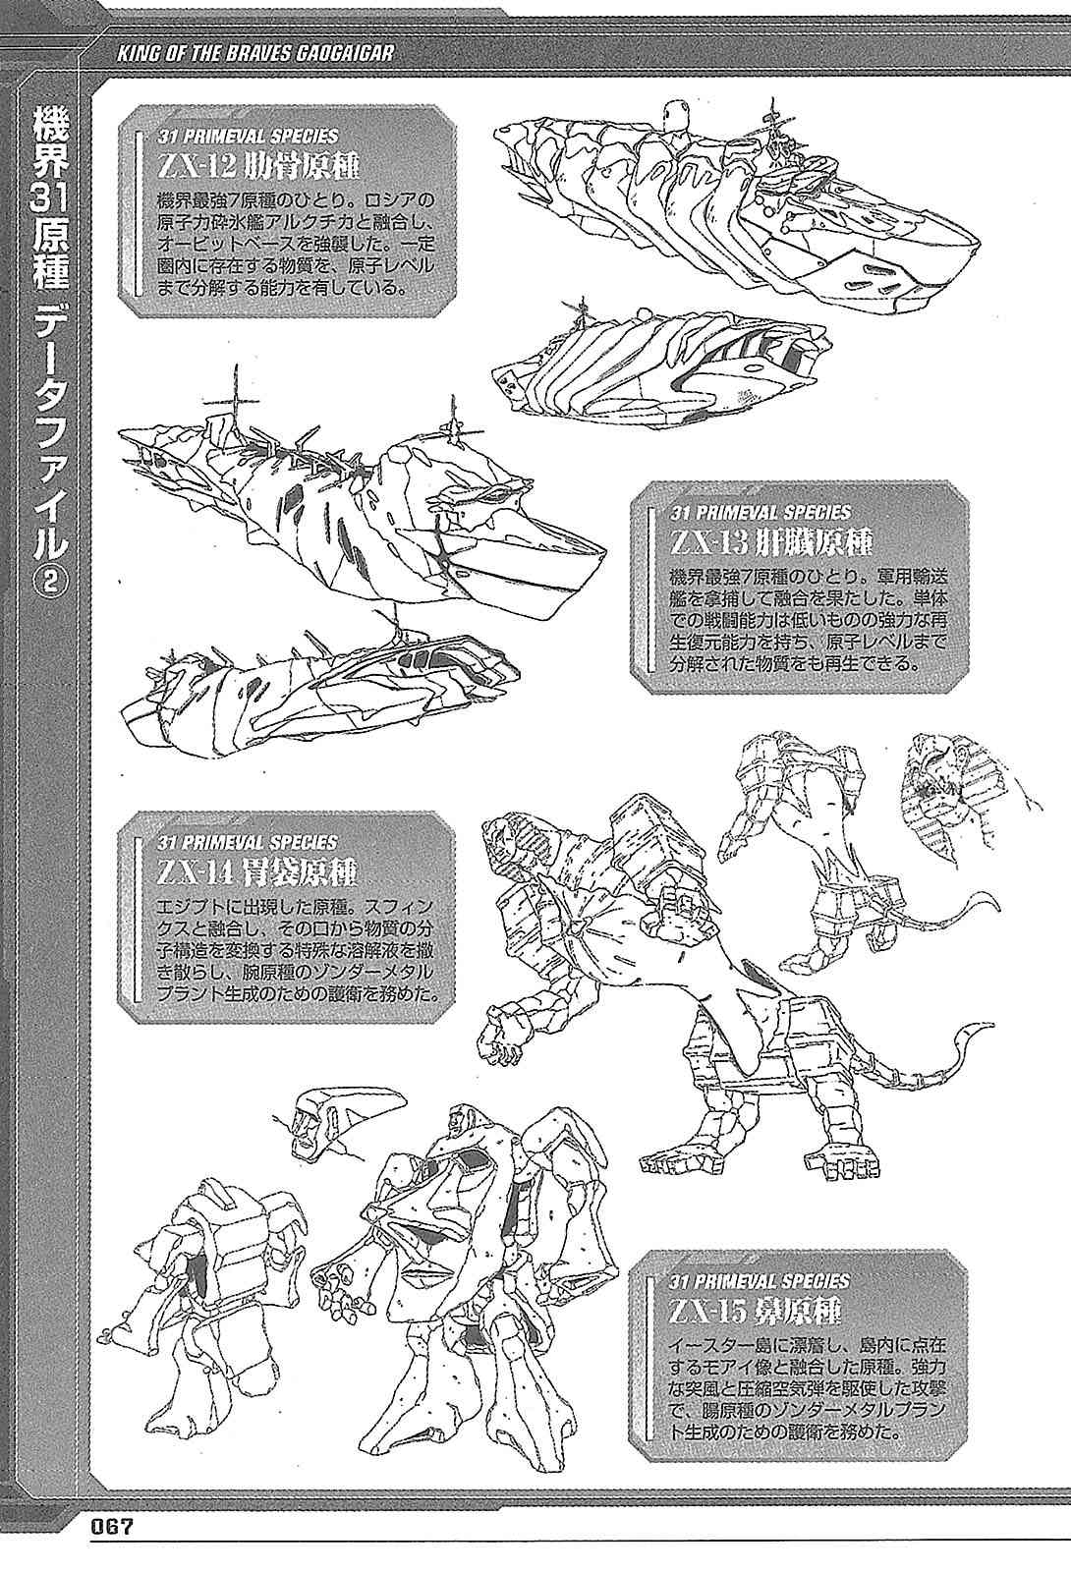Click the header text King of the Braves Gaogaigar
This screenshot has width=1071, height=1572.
click(254, 53)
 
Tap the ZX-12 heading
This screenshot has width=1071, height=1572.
click(257, 167)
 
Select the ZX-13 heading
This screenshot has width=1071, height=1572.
click(770, 542)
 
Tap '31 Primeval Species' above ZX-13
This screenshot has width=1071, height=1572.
click(761, 512)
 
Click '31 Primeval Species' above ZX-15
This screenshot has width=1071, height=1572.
click(761, 1281)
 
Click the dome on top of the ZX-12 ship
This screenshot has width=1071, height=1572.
click(674, 112)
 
